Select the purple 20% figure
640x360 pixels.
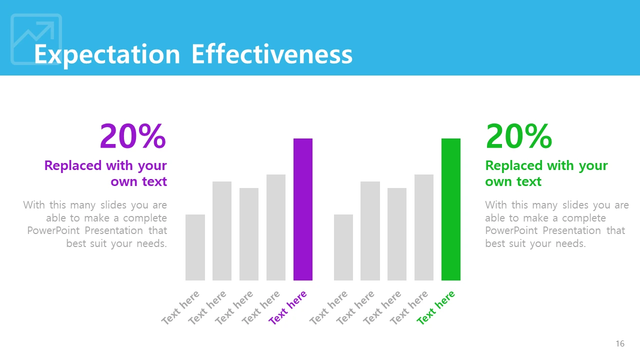click(132, 136)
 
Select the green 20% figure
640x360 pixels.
click(518, 136)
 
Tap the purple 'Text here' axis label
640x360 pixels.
click(288, 307)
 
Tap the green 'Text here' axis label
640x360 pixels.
click(436, 307)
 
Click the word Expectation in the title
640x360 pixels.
click(107, 54)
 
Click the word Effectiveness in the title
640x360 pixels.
click(272, 54)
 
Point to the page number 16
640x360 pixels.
click(620, 343)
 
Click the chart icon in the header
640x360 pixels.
click(36, 39)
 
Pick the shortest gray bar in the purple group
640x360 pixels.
click(195, 247)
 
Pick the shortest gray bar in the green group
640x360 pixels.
click(343, 247)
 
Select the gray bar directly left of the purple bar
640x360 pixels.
click(275, 227)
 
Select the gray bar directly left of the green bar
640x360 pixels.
click(423, 227)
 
